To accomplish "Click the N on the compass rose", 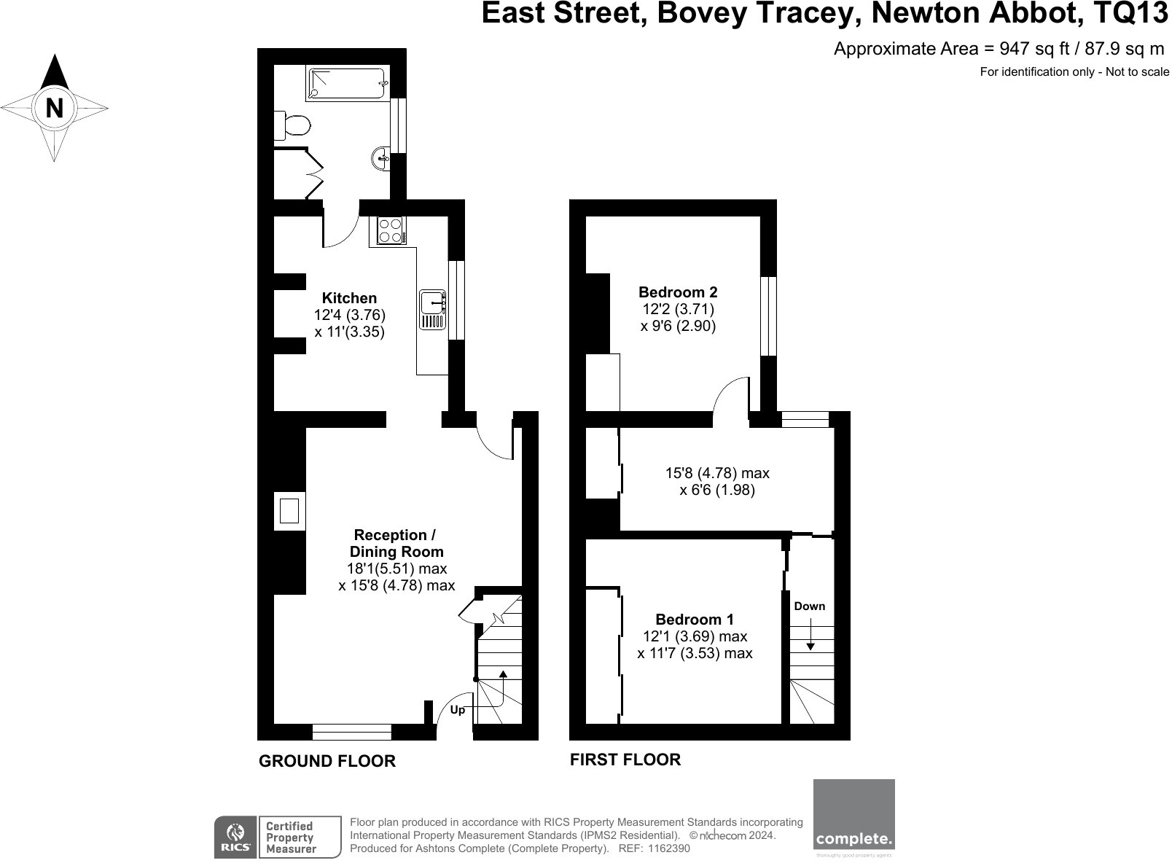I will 54,109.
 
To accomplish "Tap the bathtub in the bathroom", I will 347,85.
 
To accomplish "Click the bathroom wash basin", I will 380,157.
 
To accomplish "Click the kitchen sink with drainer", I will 432,310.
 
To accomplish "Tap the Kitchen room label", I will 350,298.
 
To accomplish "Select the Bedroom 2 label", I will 678,292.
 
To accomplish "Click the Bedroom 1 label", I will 695,620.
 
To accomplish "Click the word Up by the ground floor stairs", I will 458,710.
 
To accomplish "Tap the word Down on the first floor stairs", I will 809,606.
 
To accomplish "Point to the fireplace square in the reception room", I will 289,509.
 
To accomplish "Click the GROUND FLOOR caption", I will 327,761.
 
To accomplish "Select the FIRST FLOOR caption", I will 625,759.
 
